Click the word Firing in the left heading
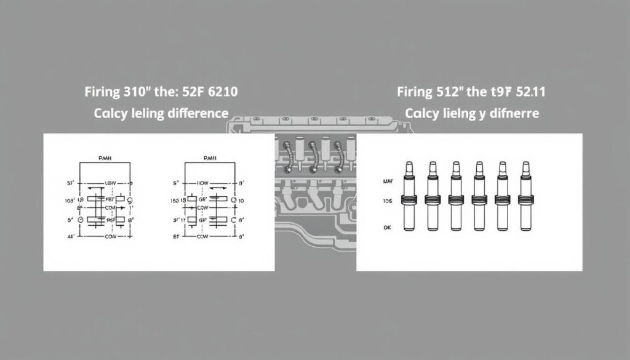(x=103, y=93)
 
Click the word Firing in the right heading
(x=415, y=93)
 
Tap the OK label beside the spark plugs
(x=387, y=227)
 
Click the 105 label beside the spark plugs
(x=387, y=201)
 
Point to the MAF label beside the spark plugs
(x=388, y=182)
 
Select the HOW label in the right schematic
(x=203, y=183)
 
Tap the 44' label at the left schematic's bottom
(x=70, y=236)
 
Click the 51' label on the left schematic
(x=70, y=183)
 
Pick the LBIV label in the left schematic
(x=111, y=183)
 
